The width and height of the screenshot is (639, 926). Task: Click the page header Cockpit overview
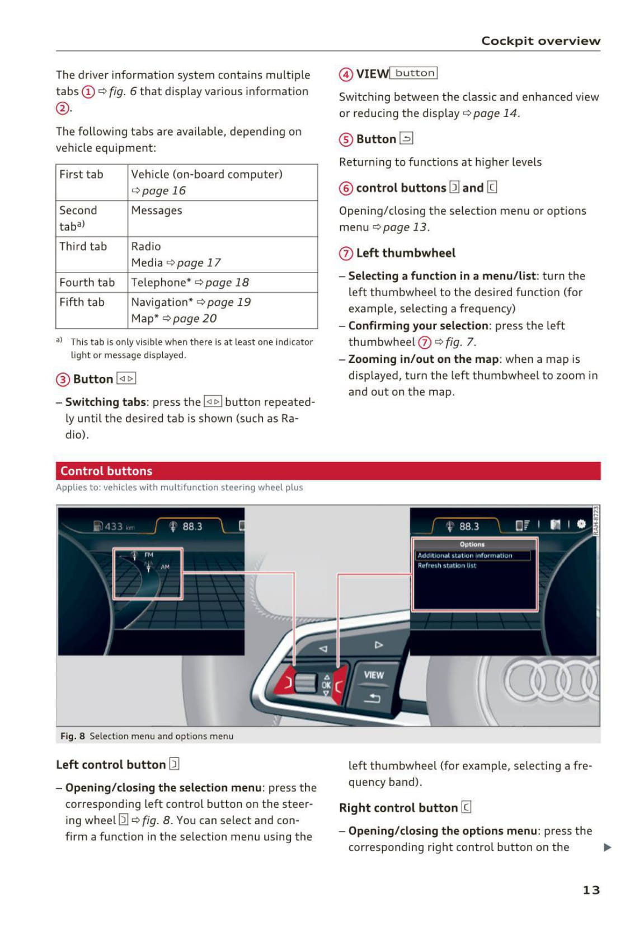pos(541,41)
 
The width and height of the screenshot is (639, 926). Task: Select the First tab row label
pos(82,175)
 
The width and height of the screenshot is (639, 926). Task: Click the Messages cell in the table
pos(157,211)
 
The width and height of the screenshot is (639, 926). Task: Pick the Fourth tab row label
pos(87,283)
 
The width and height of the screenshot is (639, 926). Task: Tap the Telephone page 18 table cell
pos(190,283)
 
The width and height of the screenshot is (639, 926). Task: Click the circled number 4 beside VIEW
pos(346,74)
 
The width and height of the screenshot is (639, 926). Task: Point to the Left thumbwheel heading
pos(406,253)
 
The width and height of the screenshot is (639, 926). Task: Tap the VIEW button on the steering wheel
pos(374,675)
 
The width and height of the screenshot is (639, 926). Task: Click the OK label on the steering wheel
pos(326,685)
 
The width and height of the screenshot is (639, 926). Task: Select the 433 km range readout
pos(115,527)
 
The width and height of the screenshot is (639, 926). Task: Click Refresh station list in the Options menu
pos(447,566)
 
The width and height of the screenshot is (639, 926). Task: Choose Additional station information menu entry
pos(465,555)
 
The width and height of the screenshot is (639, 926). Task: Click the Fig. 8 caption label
pos(73,736)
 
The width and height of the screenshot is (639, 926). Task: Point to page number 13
pos(591,890)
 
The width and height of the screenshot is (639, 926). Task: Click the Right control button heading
pos(398,808)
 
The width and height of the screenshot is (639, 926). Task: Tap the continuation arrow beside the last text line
pos(608,848)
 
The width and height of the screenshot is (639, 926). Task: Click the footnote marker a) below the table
pos(59,340)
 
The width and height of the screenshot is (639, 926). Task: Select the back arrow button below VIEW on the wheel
pos(373,698)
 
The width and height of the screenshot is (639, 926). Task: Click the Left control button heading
pos(111,765)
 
